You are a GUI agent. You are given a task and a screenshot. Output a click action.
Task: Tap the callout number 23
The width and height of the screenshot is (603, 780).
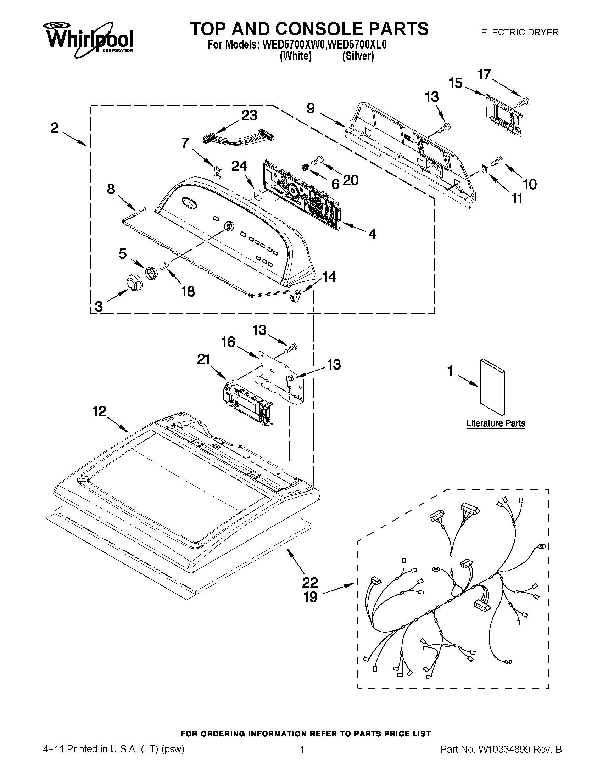pyautogui.click(x=249, y=116)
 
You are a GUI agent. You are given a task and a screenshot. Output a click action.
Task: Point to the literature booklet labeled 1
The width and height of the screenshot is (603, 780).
pyautogui.click(x=492, y=388)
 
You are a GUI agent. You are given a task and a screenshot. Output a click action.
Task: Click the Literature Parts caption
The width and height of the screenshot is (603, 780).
pyautogui.click(x=496, y=423)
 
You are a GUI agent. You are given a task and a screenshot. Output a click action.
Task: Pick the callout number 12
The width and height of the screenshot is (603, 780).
pyautogui.click(x=100, y=411)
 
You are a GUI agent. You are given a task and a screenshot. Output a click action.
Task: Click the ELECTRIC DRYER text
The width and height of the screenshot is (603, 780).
pyautogui.click(x=519, y=33)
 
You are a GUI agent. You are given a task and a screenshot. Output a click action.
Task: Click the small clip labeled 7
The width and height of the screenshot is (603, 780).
pyautogui.click(x=218, y=172)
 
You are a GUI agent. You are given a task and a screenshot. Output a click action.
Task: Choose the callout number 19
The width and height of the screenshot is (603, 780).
pyautogui.click(x=311, y=597)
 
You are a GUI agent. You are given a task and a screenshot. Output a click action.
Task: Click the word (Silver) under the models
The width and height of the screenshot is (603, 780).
pyautogui.click(x=358, y=56)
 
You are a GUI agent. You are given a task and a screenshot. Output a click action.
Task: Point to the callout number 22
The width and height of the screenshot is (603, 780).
pyautogui.click(x=310, y=583)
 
